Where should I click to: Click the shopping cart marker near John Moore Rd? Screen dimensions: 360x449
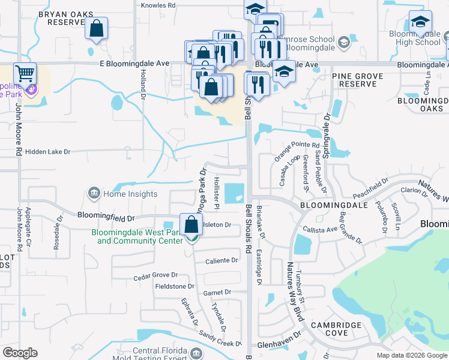[25, 74]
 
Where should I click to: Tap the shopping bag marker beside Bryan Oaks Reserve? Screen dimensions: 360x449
[95, 28]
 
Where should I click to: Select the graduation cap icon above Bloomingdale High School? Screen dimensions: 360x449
[420, 22]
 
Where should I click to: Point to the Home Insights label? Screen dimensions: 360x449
[130, 194]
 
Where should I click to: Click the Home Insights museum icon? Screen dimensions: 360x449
[94, 193]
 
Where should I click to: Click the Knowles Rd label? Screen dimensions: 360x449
[158, 5]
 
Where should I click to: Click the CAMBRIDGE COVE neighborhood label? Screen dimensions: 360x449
[340, 329]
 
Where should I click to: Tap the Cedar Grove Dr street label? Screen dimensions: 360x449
[155, 275]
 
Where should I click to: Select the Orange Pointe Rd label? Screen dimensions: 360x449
[297, 145]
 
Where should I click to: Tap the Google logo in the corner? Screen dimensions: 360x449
[20, 353]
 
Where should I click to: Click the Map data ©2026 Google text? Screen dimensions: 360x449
[411, 355]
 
